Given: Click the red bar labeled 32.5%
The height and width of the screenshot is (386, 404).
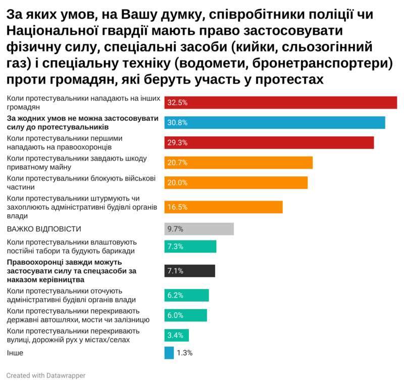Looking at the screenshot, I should click(x=280, y=102).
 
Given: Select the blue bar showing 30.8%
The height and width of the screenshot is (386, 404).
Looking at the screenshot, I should click(x=275, y=122).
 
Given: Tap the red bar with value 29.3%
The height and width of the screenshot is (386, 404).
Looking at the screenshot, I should click(x=269, y=142).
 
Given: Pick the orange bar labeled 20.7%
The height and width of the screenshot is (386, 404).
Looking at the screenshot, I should click(x=238, y=163).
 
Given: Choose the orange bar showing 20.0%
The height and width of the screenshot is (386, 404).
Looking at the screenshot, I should click(x=236, y=182).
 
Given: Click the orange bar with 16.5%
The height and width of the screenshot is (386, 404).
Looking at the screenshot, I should click(x=223, y=207).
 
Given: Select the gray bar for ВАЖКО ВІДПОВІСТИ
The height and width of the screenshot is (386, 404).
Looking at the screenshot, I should click(x=199, y=229).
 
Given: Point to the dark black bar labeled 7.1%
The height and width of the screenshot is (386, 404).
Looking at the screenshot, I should click(x=190, y=271).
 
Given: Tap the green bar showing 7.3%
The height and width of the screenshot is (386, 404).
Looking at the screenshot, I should click(x=190, y=247).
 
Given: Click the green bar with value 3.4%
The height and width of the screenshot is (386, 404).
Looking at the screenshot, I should click(x=177, y=335).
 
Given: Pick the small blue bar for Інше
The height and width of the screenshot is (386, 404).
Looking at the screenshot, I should click(x=169, y=353).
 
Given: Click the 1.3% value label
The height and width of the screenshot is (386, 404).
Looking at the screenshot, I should click(x=184, y=353).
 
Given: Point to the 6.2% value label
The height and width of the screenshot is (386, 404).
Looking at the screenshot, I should click(x=175, y=295).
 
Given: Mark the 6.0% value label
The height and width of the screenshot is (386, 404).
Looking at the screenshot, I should click(x=175, y=315).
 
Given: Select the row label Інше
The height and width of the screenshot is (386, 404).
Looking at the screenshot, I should click(x=15, y=353).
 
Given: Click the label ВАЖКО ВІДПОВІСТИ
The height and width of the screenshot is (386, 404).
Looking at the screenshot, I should click(x=43, y=229).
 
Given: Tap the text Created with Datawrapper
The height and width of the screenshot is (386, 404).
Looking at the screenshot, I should click(x=46, y=375).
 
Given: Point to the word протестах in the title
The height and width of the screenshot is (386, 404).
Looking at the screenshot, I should click(x=285, y=80).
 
